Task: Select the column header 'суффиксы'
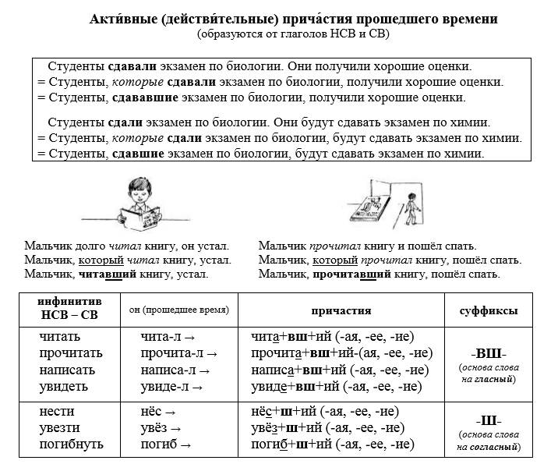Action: [489, 310]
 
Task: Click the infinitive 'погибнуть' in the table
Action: [72, 444]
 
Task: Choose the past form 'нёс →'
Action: [159, 412]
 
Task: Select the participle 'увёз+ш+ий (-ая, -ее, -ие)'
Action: [327, 428]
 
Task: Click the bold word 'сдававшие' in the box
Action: [140, 97]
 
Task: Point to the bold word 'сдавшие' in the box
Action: [138, 154]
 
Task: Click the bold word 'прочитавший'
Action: [352, 274]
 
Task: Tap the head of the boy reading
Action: [138, 192]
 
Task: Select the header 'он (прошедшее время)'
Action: [179, 310]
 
